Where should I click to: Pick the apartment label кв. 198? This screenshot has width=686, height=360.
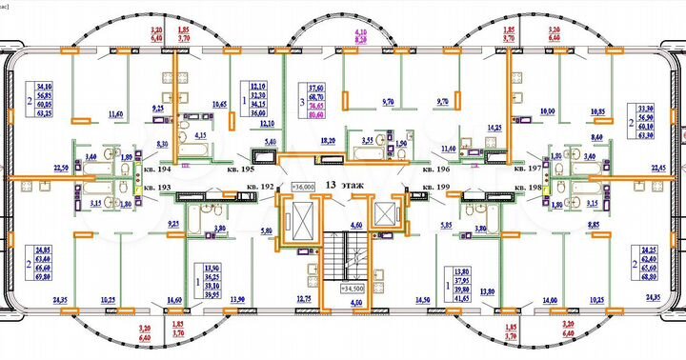coord(527,188)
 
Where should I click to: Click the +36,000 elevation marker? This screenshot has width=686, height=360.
coord(303,187)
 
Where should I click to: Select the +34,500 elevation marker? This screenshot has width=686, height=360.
coord(353,286)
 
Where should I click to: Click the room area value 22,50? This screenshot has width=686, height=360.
coord(34,170)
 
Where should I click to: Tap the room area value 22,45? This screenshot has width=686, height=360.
coord(657,170)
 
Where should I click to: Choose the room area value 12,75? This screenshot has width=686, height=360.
coord(304,300)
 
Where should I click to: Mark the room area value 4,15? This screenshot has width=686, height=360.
coord(200,136)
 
